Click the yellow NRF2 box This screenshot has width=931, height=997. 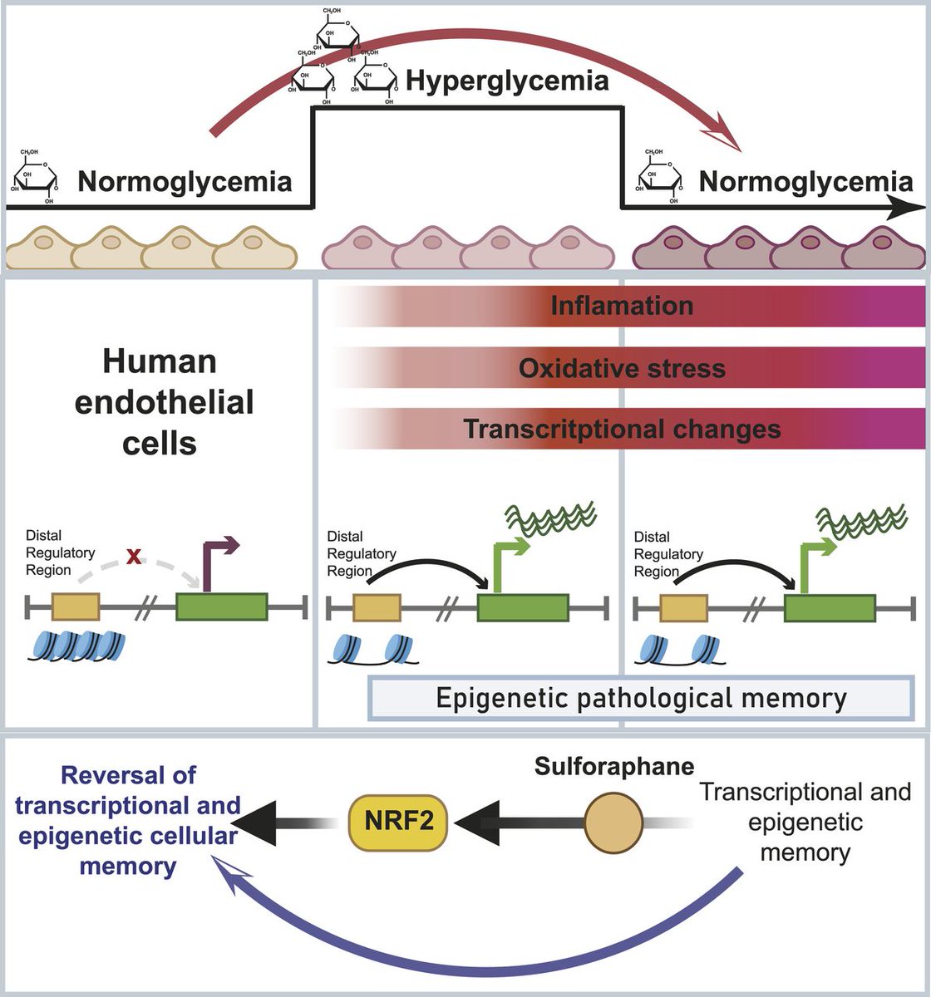click(x=398, y=823)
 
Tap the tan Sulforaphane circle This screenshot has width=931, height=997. click(x=613, y=823)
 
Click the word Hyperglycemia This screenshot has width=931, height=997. click(x=507, y=81)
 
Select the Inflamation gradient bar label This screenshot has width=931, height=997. click(x=622, y=305)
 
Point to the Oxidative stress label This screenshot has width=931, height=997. click(x=622, y=368)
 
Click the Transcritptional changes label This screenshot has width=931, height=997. click(x=622, y=429)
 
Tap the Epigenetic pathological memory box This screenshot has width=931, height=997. click(x=641, y=698)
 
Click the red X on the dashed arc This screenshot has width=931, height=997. click(x=134, y=556)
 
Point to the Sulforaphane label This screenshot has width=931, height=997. click(x=614, y=767)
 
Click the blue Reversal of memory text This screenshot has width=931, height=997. click(x=128, y=821)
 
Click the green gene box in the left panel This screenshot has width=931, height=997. click(x=222, y=607)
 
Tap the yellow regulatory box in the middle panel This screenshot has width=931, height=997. click(x=377, y=607)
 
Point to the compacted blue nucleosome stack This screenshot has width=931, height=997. click(x=76, y=646)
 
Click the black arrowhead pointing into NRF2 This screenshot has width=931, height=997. click(x=476, y=823)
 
